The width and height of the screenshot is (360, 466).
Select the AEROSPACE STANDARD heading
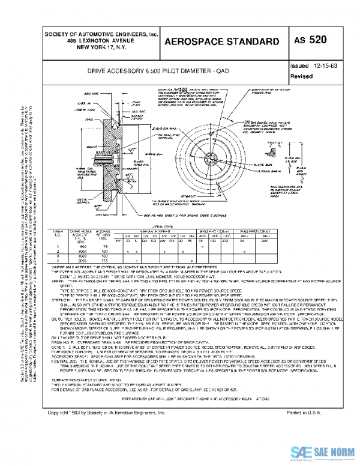[x=221, y=41]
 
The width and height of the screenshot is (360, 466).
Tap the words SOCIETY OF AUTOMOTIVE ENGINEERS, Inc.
[x=100, y=35]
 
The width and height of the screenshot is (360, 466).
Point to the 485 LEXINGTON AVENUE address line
[x=100, y=41]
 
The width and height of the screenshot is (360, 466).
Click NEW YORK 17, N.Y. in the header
[x=100, y=47]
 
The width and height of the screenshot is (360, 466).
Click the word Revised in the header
[x=301, y=76]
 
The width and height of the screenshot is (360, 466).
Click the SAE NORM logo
[x=324, y=452]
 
